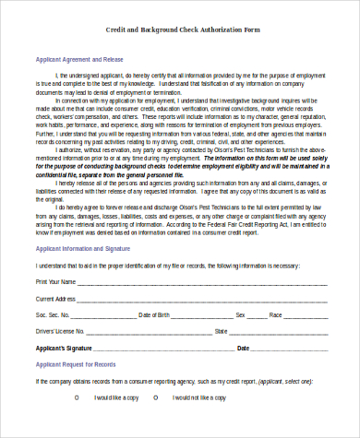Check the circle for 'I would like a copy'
tap(77, 397)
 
